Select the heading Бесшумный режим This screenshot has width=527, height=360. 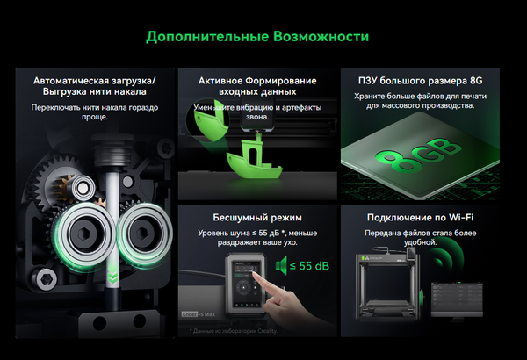click(x=256, y=216)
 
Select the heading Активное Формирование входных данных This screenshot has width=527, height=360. click(x=256, y=84)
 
